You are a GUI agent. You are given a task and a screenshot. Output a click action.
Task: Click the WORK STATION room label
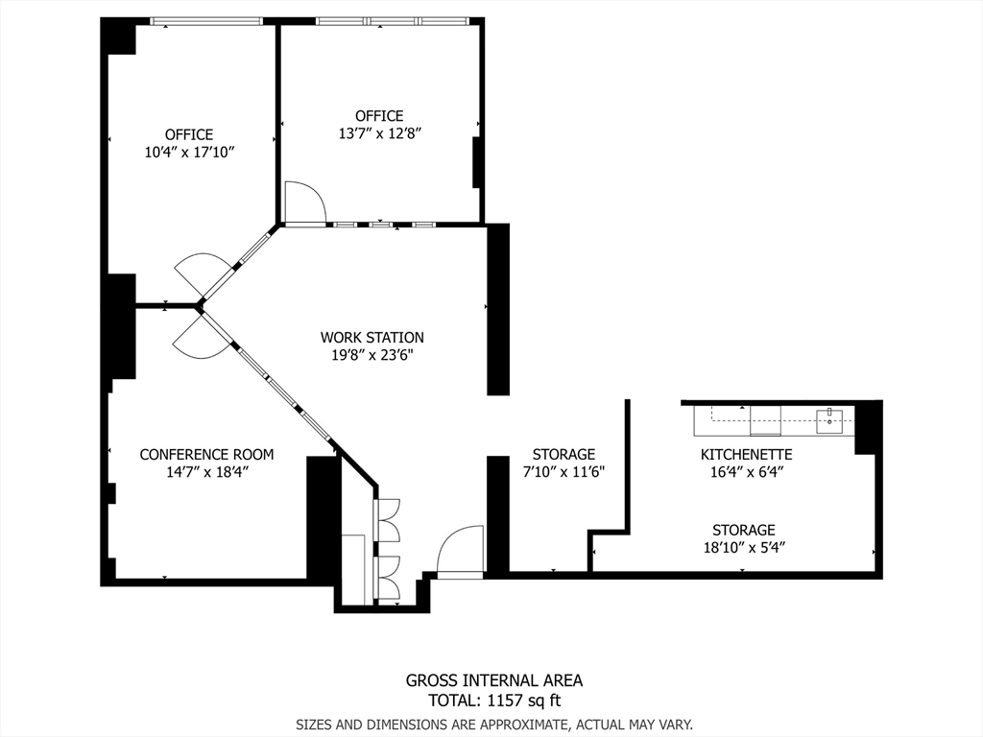372,338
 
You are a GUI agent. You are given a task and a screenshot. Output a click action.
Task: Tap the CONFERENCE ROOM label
206,455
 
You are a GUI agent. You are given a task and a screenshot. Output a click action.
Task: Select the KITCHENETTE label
746,455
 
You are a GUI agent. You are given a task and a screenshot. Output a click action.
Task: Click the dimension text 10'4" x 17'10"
189,152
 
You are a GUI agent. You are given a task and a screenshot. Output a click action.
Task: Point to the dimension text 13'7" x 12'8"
380,133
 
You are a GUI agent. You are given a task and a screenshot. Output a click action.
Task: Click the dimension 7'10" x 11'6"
563,471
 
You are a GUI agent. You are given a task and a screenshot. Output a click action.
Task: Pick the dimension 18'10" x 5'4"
743,547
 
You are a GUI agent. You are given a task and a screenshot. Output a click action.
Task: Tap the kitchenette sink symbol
829,417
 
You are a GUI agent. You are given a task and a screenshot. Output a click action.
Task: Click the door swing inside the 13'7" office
305,202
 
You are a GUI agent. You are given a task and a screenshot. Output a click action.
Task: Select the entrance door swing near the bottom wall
460,552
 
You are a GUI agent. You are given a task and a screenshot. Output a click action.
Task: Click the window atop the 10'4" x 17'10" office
206,21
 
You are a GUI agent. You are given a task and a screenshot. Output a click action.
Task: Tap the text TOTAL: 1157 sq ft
493,700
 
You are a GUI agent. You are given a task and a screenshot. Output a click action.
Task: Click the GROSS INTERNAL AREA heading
493,680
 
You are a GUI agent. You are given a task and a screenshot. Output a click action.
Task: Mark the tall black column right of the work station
497,309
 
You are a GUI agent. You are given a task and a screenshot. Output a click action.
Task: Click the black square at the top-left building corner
119,36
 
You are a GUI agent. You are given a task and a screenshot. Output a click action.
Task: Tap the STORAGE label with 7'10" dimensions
563,454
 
